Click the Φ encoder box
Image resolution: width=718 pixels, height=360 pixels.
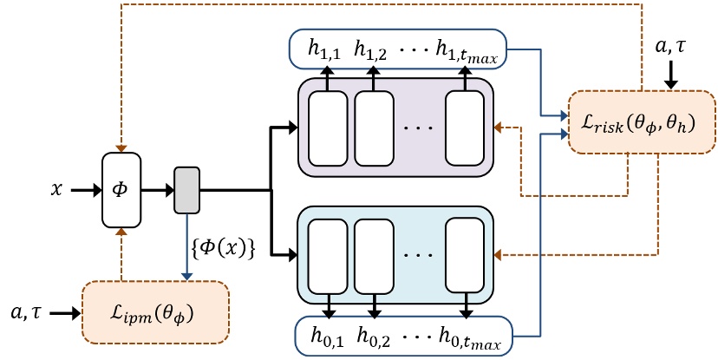[121, 190]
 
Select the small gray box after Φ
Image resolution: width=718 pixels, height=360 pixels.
[187, 189]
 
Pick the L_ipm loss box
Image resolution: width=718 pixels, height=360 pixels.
[155, 311]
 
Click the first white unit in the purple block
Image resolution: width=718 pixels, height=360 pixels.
[327, 128]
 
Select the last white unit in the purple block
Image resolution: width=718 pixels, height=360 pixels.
[465, 128]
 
